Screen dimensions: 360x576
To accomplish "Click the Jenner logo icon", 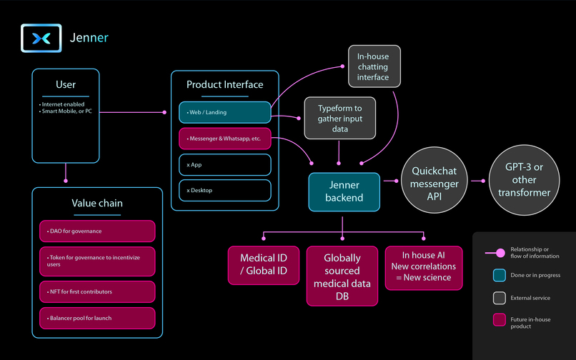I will [x=41, y=37].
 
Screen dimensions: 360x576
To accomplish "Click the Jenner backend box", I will [x=344, y=191].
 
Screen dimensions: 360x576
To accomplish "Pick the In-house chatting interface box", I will [x=374, y=66].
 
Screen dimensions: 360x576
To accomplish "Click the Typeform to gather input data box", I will [x=339, y=118].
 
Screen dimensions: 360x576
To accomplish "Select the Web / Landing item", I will [x=225, y=112].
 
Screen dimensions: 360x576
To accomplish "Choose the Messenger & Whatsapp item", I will [x=225, y=139].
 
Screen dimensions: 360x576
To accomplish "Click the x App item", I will [x=225, y=164].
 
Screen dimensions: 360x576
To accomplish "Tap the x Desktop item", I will [x=225, y=191].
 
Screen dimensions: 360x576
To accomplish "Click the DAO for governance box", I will [x=96, y=231].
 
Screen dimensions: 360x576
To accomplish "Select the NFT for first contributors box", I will [x=96, y=291].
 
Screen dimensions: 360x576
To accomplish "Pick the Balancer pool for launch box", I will [x=96, y=318].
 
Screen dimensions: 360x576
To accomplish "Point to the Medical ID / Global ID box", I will [x=264, y=265].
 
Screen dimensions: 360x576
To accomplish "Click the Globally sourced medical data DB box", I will [x=342, y=271].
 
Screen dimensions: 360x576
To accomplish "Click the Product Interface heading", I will [x=225, y=84].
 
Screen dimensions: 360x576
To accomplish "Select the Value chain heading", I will [x=96, y=203].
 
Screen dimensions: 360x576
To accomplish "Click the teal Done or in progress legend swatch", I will [x=500, y=275].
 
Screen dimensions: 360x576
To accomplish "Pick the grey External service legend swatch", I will [x=500, y=298].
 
